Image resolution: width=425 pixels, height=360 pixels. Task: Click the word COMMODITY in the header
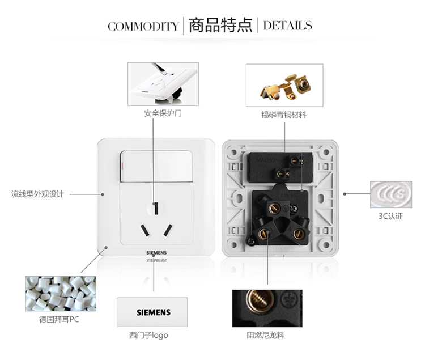143,26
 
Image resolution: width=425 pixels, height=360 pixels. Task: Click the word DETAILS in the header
287,26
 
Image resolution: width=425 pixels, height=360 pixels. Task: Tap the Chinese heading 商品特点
220,25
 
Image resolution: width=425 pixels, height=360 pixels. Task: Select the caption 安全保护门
163,113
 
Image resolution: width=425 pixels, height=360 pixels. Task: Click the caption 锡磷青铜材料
284,115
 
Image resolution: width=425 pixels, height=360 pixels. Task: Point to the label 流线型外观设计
37,194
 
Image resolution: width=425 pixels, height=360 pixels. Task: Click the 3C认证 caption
390,216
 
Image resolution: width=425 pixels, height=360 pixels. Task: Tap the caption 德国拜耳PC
59,319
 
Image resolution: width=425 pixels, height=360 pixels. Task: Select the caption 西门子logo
148,335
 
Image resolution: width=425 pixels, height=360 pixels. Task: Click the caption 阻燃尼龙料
266,335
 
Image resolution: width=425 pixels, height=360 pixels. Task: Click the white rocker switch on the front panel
156,166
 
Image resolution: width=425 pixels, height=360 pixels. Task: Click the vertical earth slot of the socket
156,209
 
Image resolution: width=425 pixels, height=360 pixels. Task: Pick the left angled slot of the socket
144,230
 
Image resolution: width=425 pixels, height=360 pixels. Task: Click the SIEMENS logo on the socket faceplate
156,253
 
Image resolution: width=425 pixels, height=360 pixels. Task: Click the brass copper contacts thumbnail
284,86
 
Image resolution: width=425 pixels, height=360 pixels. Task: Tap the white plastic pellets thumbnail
61,294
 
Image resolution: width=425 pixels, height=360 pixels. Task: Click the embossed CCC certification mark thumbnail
391,194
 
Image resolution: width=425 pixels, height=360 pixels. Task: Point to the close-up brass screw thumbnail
267,308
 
